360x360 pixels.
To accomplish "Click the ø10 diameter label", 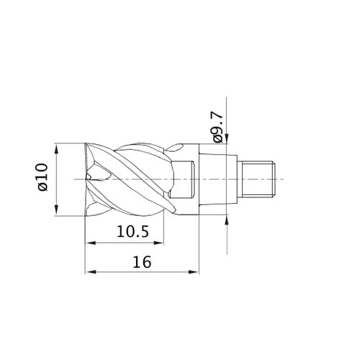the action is [42, 177].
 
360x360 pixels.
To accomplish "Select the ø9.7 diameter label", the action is [217, 127].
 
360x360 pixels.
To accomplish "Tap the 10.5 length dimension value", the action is [132, 232].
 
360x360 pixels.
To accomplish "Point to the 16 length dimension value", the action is [142, 262].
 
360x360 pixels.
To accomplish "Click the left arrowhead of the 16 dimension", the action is [91, 272].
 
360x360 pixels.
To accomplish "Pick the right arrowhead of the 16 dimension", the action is [194, 272].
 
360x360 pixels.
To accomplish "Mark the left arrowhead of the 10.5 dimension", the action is [91, 243].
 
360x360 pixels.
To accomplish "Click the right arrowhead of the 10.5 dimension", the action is [158, 243].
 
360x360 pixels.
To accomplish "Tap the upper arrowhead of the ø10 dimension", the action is [56, 149].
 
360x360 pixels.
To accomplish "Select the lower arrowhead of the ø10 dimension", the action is [56, 210].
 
